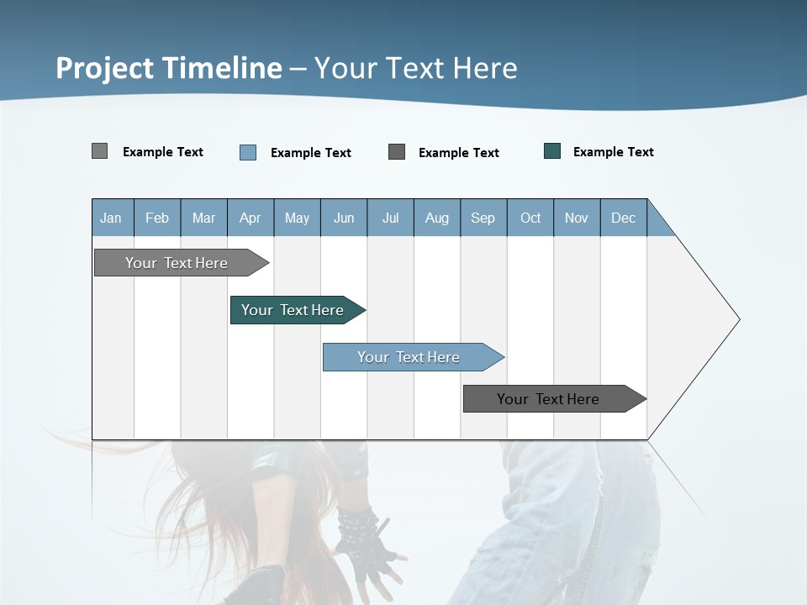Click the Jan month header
tap(111, 218)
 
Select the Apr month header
tap(250, 218)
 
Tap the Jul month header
tap(390, 218)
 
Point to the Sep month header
tap(483, 218)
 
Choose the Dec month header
tap(623, 218)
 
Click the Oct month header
tap(530, 218)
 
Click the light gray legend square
tap(99, 151)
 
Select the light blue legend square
tap(248, 152)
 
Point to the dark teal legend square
tap(552, 151)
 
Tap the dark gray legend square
tap(397, 152)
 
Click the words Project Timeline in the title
tap(168, 68)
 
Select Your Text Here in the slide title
tap(416, 68)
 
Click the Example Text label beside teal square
tap(613, 152)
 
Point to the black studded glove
tap(361, 538)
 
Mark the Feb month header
tap(157, 218)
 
